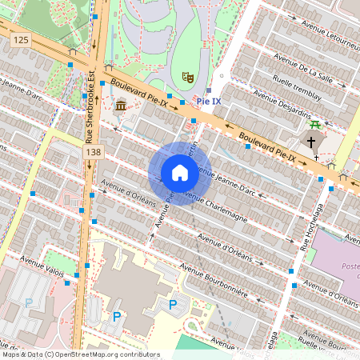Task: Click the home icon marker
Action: (x=179, y=173)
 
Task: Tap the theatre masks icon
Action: (x=188, y=76)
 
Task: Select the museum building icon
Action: (x=120, y=106)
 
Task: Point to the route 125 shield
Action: (x=20, y=40)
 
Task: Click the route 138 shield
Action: (x=95, y=151)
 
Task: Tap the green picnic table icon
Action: (x=316, y=124)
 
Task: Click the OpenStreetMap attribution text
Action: (x=80, y=354)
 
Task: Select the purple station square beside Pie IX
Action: (x=208, y=90)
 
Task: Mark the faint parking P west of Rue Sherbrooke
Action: (x=30, y=302)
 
